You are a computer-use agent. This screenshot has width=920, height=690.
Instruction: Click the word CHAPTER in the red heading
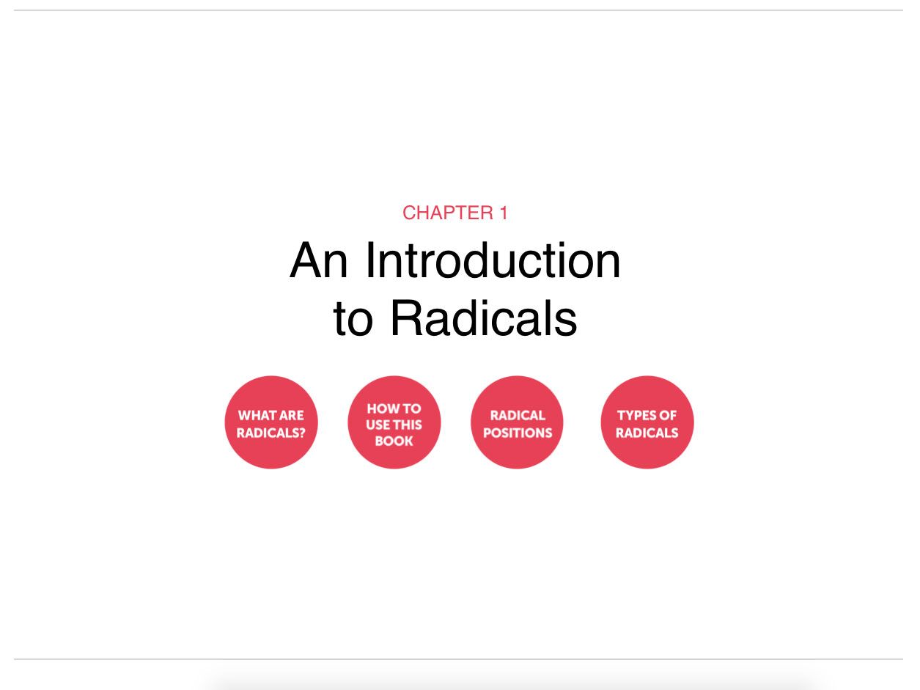point(448,213)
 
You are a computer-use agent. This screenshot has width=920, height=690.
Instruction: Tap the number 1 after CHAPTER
point(504,213)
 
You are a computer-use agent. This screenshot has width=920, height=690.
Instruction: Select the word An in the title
point(319,260)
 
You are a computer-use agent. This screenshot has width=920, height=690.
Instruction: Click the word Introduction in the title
point(493,260)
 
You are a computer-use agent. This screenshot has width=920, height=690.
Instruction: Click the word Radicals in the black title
point(484,318)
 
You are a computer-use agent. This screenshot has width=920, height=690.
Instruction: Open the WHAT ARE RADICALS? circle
point(271,422)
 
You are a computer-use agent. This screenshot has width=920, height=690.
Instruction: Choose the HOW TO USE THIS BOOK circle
point(394,422)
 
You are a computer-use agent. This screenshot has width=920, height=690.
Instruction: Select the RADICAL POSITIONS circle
point(517,422)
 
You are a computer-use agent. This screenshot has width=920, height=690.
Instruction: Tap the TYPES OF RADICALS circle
point(647,422)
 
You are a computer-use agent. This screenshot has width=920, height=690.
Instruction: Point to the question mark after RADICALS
point(302,433)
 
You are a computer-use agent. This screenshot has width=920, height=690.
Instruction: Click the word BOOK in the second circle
point(394,441)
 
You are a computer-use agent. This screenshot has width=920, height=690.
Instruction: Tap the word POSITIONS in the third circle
point(518,433)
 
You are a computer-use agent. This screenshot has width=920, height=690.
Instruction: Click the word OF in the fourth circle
point(668,416)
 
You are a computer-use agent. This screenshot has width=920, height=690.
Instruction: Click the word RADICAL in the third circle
point(518,416)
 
